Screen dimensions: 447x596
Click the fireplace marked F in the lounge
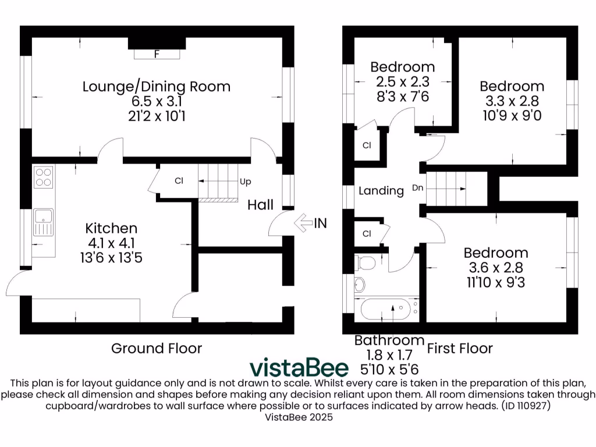pos(157,54)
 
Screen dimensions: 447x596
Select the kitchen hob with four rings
pos(43,176)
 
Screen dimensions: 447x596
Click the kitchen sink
pos(43,222)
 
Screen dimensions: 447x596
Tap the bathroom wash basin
pos(360,285)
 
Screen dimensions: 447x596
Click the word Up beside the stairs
pos(246,182)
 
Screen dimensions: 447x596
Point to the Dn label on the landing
pos(417,188)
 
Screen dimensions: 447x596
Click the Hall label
pos(260,205)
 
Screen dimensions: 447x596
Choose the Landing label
pos(381,190)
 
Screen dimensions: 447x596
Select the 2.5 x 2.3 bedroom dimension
pos(403,82)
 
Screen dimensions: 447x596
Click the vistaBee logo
pos(299,367)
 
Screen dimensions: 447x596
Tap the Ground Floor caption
pos(157,349)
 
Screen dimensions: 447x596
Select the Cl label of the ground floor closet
pos(179,181)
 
